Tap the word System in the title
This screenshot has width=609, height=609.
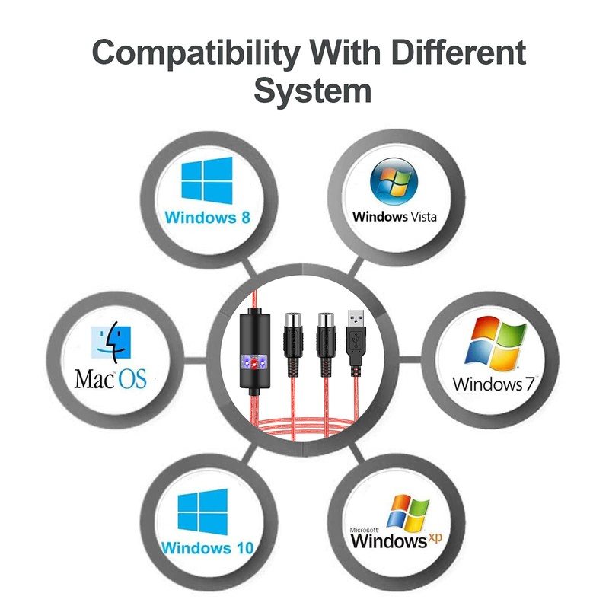point(312,91)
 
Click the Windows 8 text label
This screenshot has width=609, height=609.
point(207,217)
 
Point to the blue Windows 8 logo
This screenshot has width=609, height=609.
point(207,180)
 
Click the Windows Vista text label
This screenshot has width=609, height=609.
point(394,216)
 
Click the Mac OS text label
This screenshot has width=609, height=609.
point(110,378)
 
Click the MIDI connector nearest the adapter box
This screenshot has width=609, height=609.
point(294,340)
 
